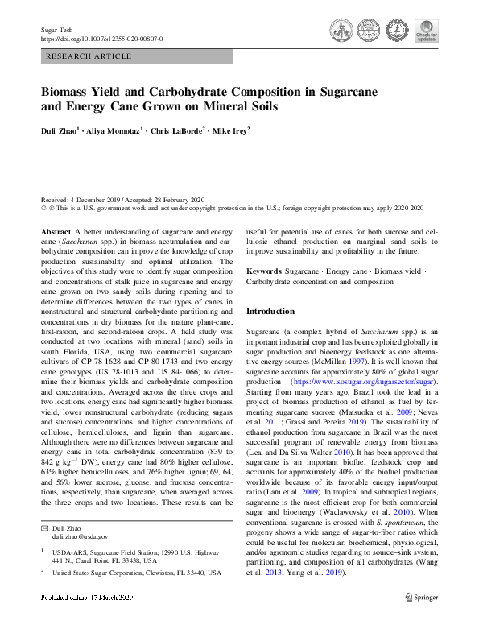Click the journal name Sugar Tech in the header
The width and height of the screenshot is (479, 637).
pos(54,29)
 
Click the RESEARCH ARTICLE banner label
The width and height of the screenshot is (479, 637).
pos(89,56)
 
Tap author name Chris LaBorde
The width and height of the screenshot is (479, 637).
pos(176,129)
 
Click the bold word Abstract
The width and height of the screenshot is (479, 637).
pos(56,230)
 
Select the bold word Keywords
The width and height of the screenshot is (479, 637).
pos(264,272)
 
